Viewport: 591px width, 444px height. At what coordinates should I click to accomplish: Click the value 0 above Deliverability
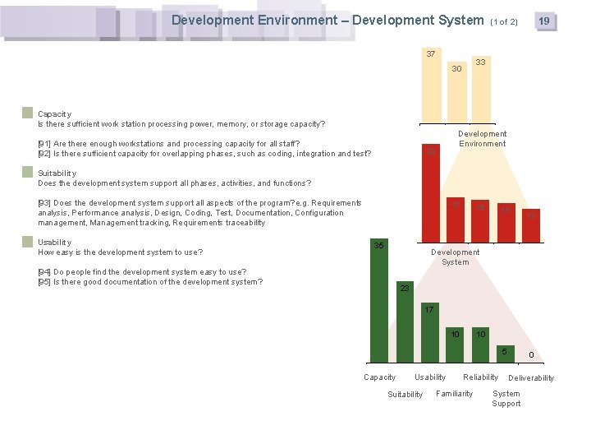[x=531, y=354]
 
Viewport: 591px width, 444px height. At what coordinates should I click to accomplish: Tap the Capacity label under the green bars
[x=379, y=377]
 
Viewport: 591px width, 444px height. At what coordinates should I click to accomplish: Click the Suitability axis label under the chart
[x=405, y=395]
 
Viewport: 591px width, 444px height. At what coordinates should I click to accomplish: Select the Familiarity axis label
[x=455, y=394]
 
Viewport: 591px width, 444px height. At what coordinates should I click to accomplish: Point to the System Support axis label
[x=506, y=399]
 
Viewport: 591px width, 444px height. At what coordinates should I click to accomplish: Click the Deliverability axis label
[x=531, y=378]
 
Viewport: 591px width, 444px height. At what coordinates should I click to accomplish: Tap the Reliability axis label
[x=481, y=377]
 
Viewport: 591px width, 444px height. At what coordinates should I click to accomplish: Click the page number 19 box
[x=543, y=21]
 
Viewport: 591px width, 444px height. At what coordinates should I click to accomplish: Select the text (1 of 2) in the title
[x=504, y=21]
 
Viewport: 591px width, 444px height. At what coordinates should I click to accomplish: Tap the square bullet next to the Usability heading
[x=28, y=242]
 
